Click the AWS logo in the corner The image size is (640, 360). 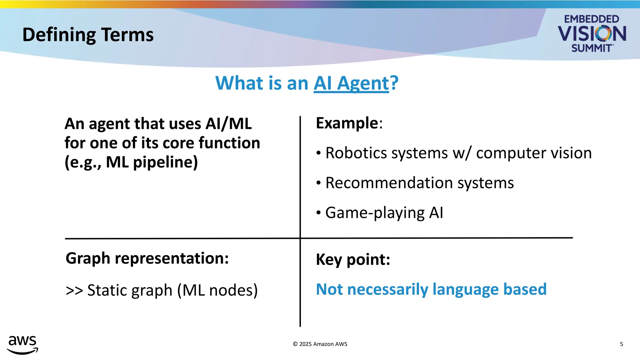pos(22,345)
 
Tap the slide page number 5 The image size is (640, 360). pos(621,344)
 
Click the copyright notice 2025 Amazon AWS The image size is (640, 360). pos(320,344)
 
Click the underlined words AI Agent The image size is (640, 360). pos(351,83)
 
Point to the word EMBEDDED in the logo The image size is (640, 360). pos(591,19)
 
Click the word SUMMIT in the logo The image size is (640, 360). pos(592,48)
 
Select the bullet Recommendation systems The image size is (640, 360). pos(419,183)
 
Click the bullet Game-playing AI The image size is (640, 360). pos(384,213)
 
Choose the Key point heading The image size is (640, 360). pos(353,259)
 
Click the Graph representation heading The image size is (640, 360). pos(147,258)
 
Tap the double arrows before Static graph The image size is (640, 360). pos(74,290)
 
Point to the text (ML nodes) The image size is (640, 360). pos(217,290)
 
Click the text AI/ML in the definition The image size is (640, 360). pos(228,124)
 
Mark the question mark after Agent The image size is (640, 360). pos(394,83)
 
